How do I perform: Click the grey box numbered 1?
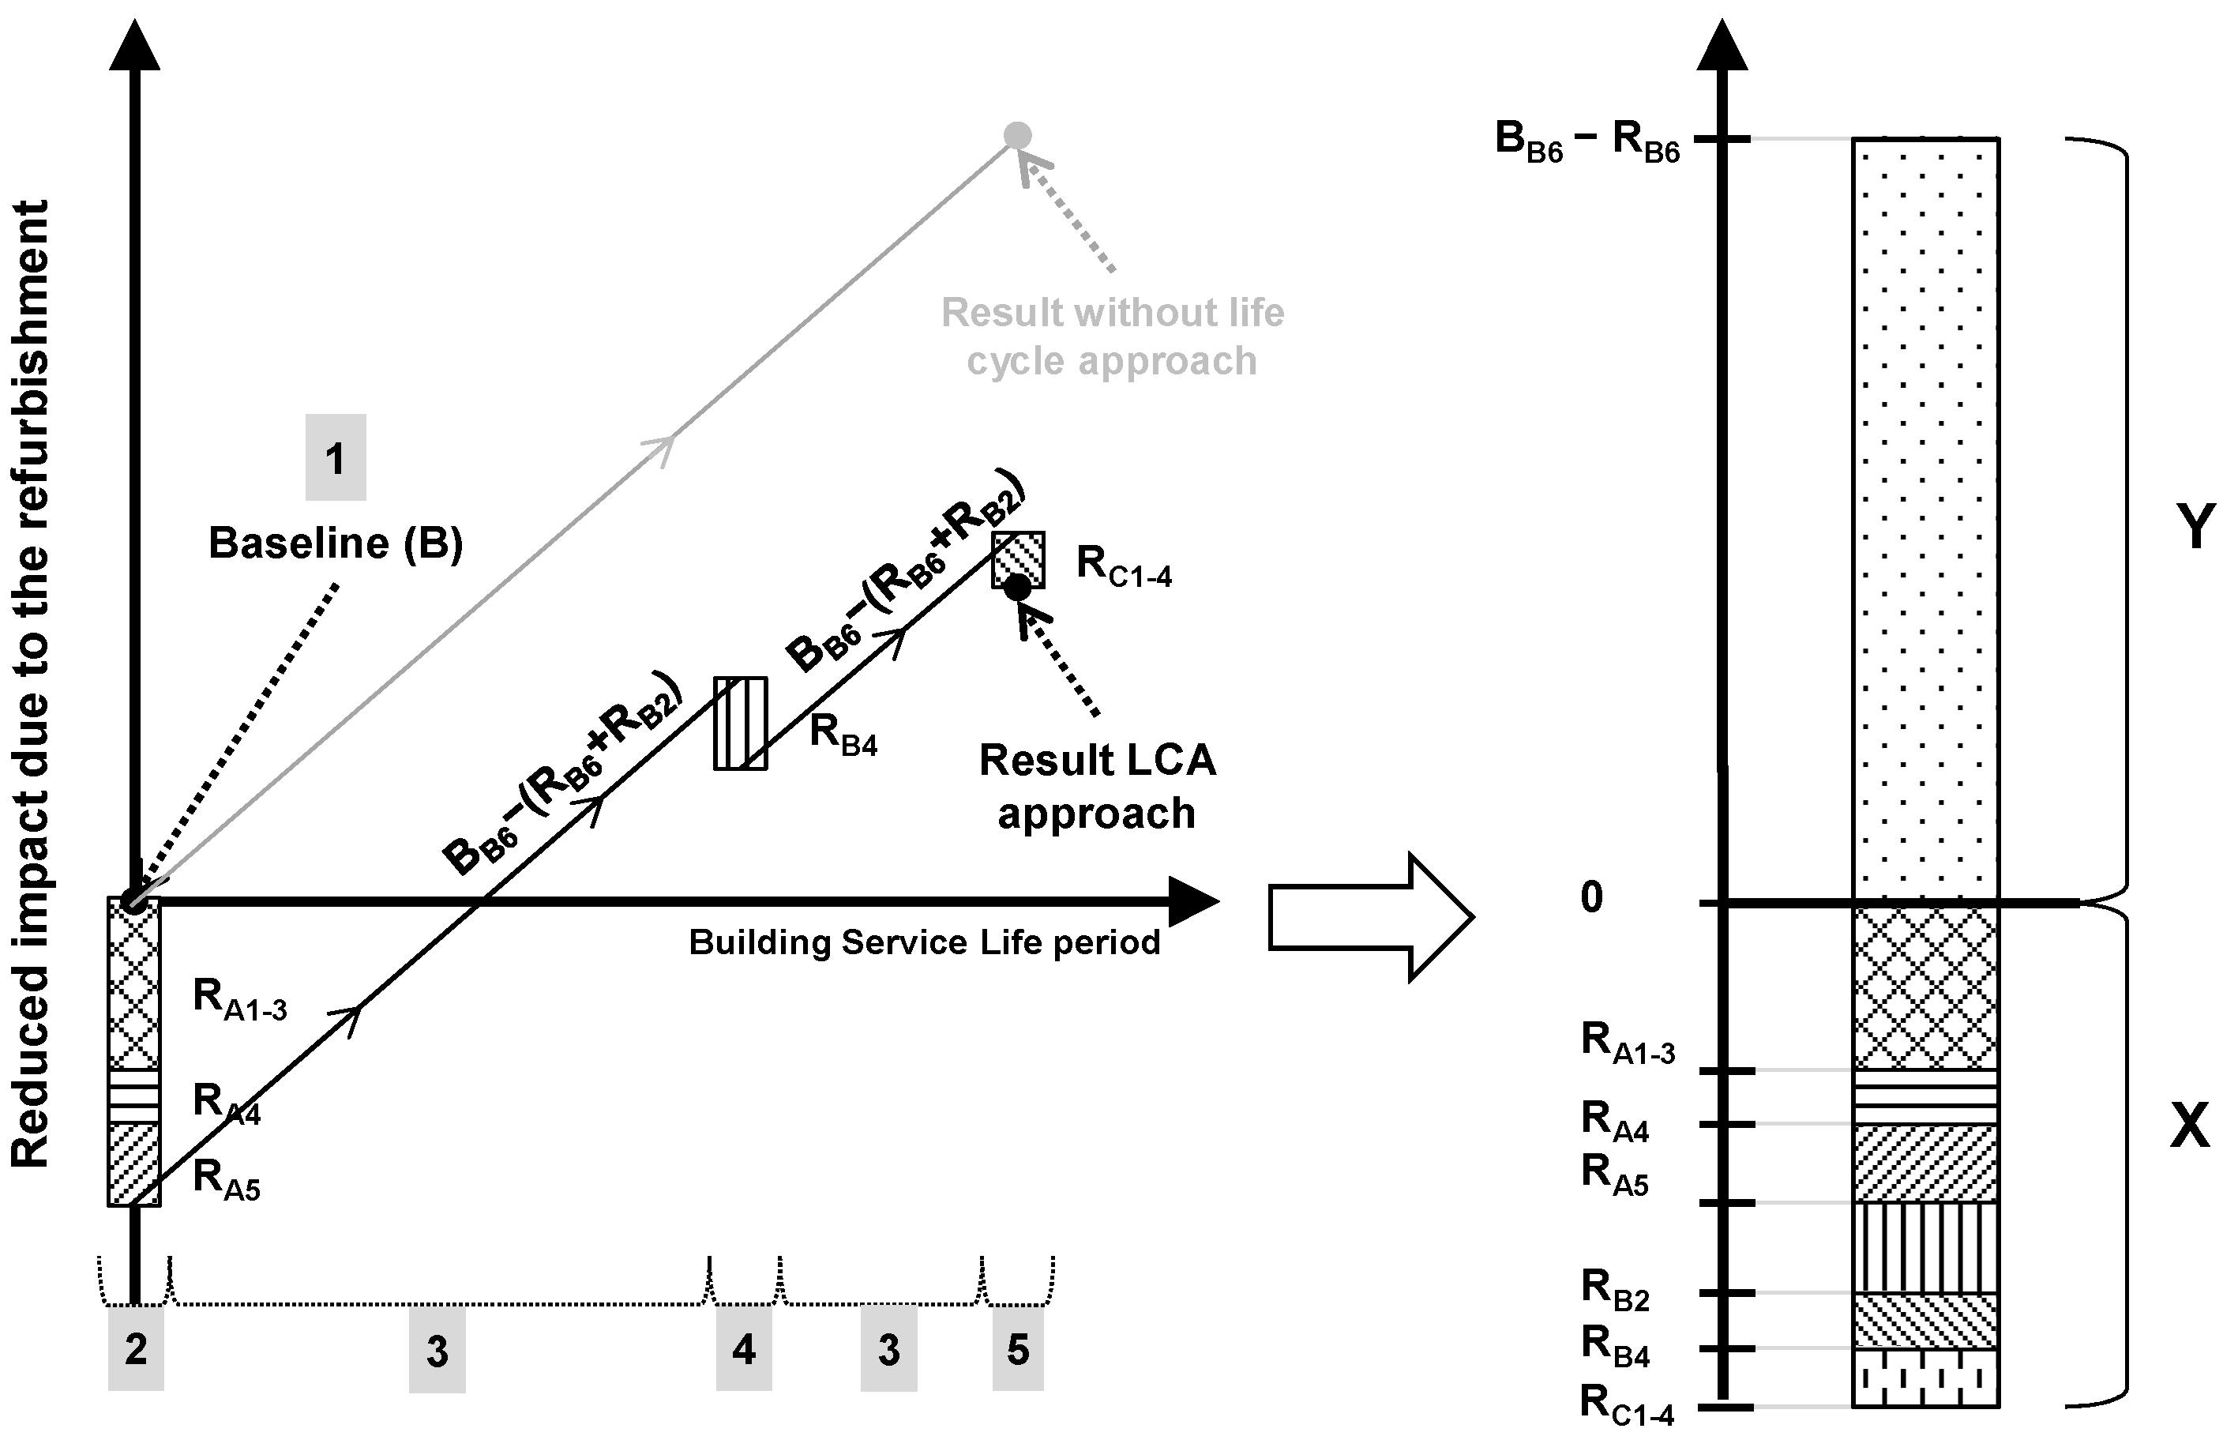(336, 458)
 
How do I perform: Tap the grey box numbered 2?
(136, 1348)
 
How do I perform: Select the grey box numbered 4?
(744, 1348)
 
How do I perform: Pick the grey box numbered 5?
(1018, 1348)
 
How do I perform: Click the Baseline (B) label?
(336, 543)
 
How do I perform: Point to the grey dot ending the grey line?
(1018, 136)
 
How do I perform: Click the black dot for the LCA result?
(1018, 588)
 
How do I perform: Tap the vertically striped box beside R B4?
(741, 724)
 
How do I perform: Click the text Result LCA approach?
(1097, 786)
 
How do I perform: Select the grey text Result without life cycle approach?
(1112, 336)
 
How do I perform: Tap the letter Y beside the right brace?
(2195, 527)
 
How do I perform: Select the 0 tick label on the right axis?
(1592, 897)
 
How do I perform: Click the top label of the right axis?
(1587, 141)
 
